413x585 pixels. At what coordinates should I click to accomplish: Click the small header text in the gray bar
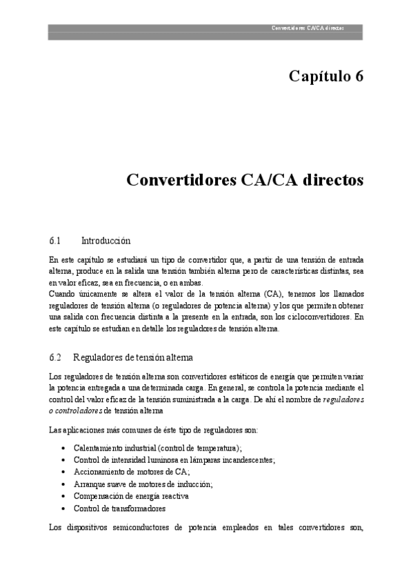pos(308,28)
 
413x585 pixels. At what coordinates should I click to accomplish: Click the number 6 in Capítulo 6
pos(358,76)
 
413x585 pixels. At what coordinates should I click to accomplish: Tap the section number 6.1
pos(56,241)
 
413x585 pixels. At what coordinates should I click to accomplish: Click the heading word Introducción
pos(105,241)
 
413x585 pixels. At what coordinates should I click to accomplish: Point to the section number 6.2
pos(56,357)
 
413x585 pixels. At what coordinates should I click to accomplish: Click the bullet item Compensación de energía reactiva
pos(131,496)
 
